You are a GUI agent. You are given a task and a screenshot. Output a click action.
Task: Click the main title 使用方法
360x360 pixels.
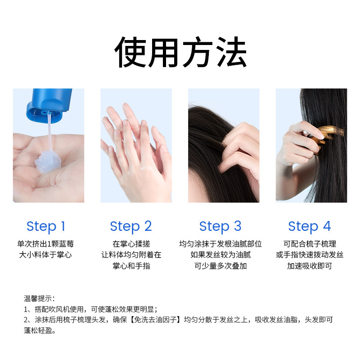[x=180, y=53]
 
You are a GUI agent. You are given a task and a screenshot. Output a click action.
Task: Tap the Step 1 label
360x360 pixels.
[x=45, y=226]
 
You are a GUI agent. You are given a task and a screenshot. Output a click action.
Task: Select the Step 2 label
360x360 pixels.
[x=131, y=226]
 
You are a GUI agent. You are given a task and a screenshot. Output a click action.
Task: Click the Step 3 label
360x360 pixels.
[x=220, y=226]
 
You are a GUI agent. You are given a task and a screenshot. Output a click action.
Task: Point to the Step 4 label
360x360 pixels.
[x=309, y=226]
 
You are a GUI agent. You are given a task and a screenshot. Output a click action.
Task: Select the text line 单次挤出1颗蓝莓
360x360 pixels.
[x=45, y=244]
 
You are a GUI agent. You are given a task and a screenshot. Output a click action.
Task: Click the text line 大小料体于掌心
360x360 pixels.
[x=45, y=255]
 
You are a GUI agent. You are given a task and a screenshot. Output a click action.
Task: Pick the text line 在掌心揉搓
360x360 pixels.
[x=131, y=244]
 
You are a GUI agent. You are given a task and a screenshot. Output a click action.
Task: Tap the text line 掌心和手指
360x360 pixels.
[x=131, y=266]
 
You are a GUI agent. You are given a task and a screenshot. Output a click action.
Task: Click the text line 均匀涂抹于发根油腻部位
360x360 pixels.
[x=220, y=244]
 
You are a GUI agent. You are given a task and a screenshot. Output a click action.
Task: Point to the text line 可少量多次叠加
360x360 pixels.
[x=220, y=266]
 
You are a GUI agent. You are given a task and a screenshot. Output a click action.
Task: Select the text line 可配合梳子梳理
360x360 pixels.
[x=309, y=244]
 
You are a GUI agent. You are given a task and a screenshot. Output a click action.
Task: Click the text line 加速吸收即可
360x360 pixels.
[x=309, y=266]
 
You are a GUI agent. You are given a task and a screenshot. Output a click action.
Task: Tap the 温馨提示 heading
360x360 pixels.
[x=39, y=298]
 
